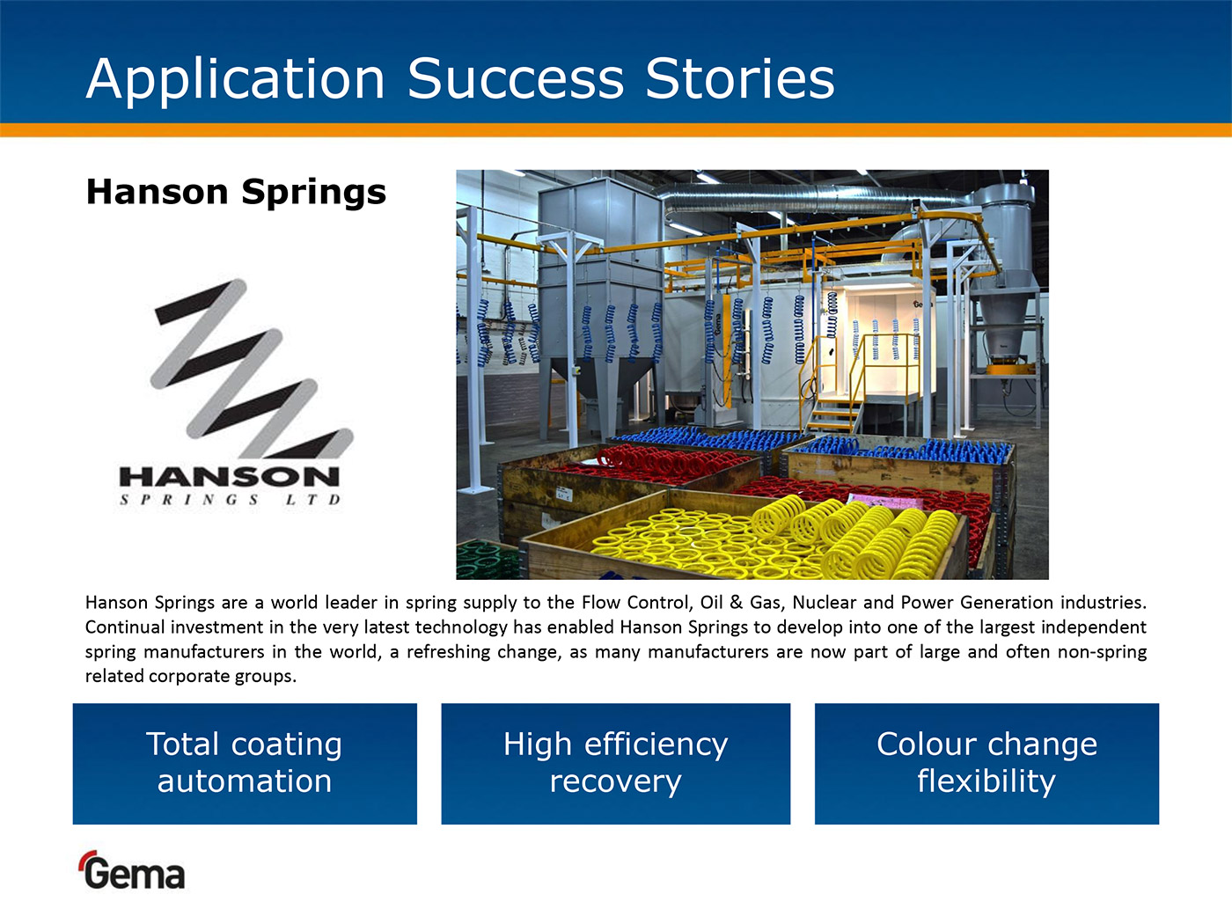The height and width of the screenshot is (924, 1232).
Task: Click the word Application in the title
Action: (235, 80)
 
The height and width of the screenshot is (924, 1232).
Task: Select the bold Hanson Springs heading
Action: (237, 193)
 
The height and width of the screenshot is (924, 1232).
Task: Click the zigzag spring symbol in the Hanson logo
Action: (251, 368)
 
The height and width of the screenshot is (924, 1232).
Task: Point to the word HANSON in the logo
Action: (230, 478)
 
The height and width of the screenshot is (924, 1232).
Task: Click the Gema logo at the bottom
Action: (133, 870)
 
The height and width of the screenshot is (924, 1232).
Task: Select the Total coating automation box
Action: (245, 764)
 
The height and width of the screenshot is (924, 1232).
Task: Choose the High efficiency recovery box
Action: (616, 764)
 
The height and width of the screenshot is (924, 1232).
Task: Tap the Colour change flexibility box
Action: (986, 764)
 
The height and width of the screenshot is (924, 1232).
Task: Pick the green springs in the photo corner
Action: (488, 560)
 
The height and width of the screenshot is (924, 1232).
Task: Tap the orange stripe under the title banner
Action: (616, 129)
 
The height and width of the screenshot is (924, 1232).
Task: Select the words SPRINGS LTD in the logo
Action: (230, 499)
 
